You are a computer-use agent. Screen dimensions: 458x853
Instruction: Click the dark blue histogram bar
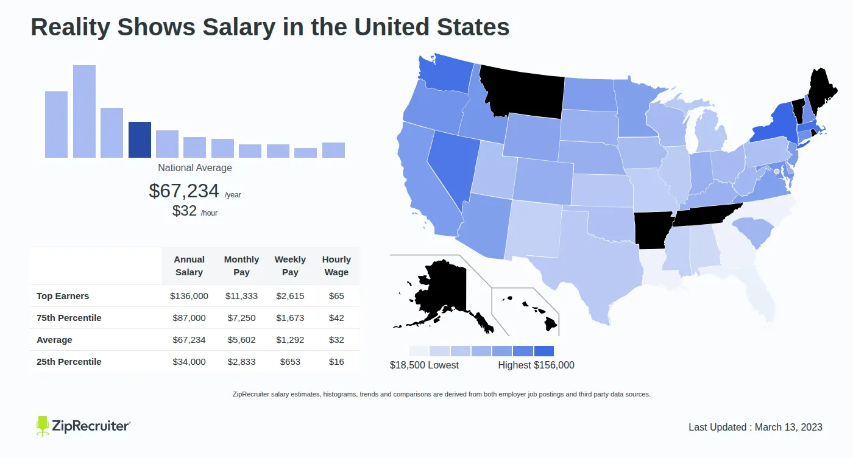click(x=140, y=139)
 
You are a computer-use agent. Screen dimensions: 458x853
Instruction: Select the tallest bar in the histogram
click(x=84, y=111)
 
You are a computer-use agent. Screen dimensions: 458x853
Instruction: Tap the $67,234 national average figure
click(x=183, y=191)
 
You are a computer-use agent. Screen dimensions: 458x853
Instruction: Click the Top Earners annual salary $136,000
click(x=189, y=296)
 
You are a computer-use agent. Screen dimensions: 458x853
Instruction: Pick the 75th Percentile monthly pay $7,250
click(x=241, y=318)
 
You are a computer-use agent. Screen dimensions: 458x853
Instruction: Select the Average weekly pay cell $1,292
click(x=290, y=340)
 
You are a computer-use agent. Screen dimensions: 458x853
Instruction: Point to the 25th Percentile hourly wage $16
click(x=336, y=362)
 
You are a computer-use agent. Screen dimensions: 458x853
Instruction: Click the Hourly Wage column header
click(x=336, y=266)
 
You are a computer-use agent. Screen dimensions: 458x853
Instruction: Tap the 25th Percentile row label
click(x=69, y=362)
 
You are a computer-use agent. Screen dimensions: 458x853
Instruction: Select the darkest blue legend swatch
click(x=543, y=351)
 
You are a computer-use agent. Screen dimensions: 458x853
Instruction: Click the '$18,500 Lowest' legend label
click(x=424, y=365)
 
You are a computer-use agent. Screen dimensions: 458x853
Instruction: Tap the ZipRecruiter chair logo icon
click(x=42, y=426)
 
